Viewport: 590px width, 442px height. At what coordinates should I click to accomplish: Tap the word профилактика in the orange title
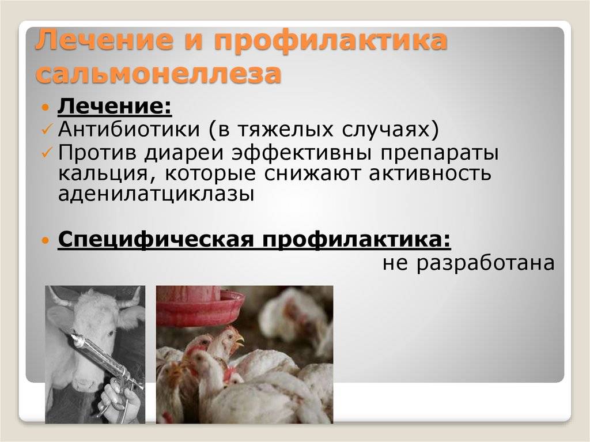coord(331,40)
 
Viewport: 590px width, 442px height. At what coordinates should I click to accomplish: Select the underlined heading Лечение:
coord(115,106)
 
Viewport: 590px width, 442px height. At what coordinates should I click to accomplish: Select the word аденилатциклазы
coord(156,194)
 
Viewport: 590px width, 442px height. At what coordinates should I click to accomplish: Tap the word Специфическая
coord(156,240)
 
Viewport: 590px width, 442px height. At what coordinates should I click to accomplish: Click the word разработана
coord(485,262)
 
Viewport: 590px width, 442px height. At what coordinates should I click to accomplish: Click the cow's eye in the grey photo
coord(112,333)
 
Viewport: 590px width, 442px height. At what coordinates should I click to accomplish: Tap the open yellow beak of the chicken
coord(239,341)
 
